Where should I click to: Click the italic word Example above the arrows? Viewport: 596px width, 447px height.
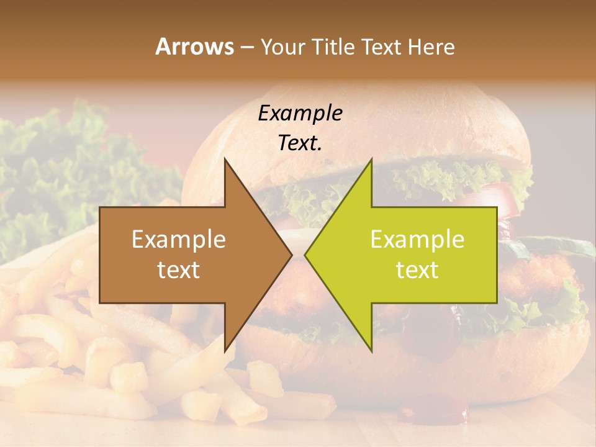[x=300, y=113]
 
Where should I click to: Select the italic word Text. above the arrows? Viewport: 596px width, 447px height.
[x=300, y=143]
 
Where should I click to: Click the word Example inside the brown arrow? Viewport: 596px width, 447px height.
[x=179, y=240]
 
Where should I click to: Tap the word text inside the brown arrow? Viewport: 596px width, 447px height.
[x=179, y=270]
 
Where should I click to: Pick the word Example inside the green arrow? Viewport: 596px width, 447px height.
[x=417, y=240]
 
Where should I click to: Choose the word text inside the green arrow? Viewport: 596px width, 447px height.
[x=417, y=270]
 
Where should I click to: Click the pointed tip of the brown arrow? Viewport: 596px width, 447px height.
[x=292, y=255]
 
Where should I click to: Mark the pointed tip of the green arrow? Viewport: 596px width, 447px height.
[x=305, y=255]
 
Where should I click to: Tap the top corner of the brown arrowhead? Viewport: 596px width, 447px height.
[x=225, y=159]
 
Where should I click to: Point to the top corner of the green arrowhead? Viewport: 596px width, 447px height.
[x=371, y=159]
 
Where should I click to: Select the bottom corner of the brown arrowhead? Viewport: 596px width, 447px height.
[x=225, y=351]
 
